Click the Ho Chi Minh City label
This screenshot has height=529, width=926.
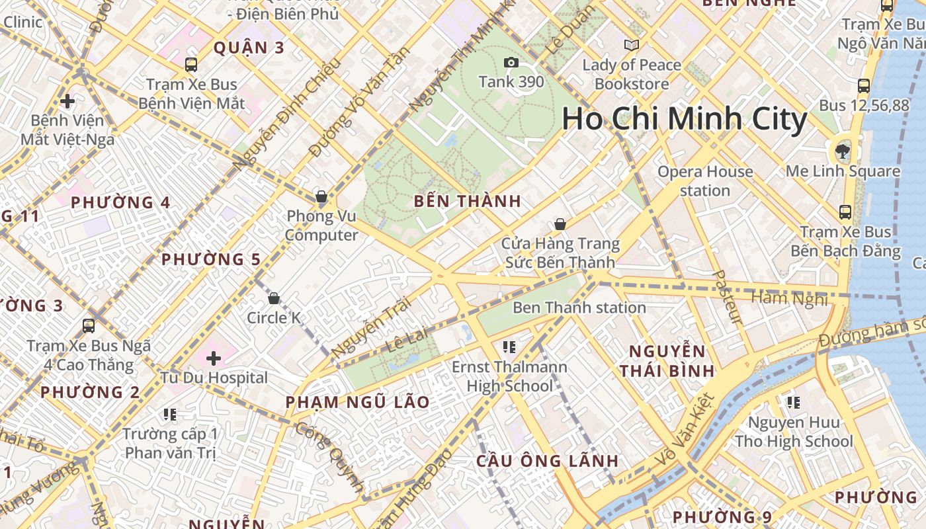coord(684,120)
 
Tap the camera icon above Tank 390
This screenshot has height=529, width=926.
coord(511,62)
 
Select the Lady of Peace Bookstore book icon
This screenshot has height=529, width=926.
coord(632,45)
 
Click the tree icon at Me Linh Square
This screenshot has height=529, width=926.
coord(843,151)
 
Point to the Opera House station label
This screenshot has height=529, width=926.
coord(704,181)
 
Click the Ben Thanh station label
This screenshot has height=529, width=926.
coord(579,307)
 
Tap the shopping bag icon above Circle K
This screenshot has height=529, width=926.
coord(273,298)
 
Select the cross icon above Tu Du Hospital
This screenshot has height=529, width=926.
coord(213,358)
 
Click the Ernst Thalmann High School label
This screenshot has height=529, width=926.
coord(509,376)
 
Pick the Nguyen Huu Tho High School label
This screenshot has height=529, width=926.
coord(794,432)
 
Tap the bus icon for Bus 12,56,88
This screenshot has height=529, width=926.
coord(863,85)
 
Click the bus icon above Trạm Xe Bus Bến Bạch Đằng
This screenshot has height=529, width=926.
coord(845,212)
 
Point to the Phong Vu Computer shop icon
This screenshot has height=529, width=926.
coord(321,196)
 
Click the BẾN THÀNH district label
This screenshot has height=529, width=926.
coord(467,202)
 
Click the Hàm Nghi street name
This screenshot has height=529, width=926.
coord(789,299)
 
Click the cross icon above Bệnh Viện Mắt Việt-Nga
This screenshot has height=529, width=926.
coord(67,101)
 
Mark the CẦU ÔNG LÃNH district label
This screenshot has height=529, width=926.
coord(548,461)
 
